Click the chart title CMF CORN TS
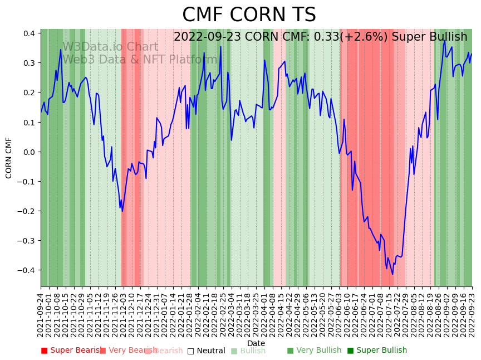[x=249, y=15]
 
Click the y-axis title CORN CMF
[x=9, y=158]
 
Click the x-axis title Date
[x=256, y=343]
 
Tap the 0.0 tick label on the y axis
[x=30, y=152]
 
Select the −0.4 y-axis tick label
[x=28, y=270]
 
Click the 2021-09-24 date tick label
[x=41, y=315]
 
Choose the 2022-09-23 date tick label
[x=473, y=315]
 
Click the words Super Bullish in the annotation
[x=429, y=37]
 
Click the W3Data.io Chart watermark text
[x=110, y=47]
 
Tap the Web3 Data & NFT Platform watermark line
[x=139, y=60]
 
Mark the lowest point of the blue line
[x=392, y=274]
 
